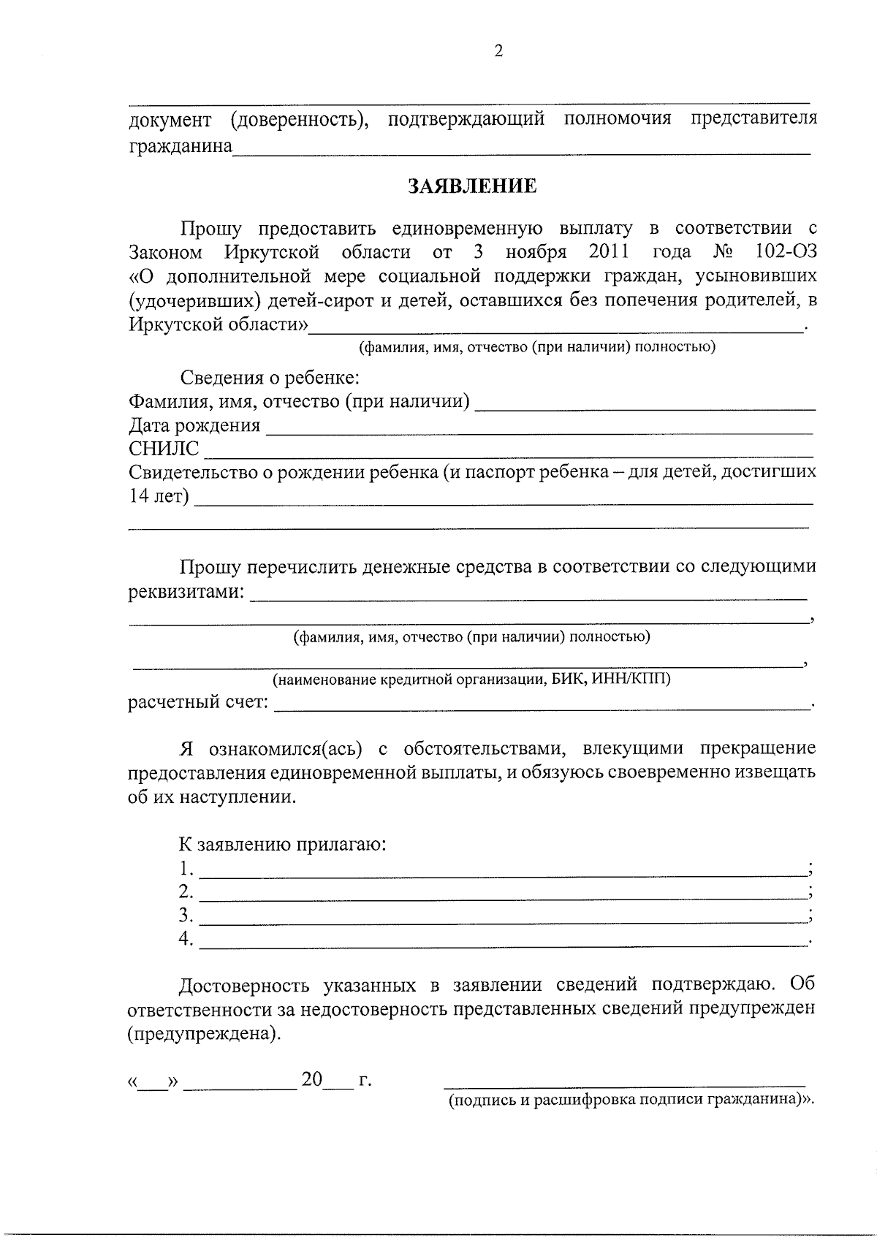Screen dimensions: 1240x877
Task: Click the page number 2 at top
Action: tap(498, 50)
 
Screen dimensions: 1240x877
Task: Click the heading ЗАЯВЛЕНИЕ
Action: tap(472, 186)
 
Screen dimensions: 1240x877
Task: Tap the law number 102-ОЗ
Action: tap(785, 253)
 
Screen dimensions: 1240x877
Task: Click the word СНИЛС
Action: tap(164, 449)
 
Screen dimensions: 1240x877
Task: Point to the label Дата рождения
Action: tap(194, 425)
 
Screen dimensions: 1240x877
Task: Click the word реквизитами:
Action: tap(186, 591)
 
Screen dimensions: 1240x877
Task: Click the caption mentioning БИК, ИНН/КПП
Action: tap(471, 679)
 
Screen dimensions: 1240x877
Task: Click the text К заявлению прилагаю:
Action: tap(283, 845)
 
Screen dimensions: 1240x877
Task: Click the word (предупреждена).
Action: tap(204, 1035)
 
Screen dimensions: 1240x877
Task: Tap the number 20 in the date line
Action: tap(312, 1079)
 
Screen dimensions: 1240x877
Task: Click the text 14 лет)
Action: tap(159, 497)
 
